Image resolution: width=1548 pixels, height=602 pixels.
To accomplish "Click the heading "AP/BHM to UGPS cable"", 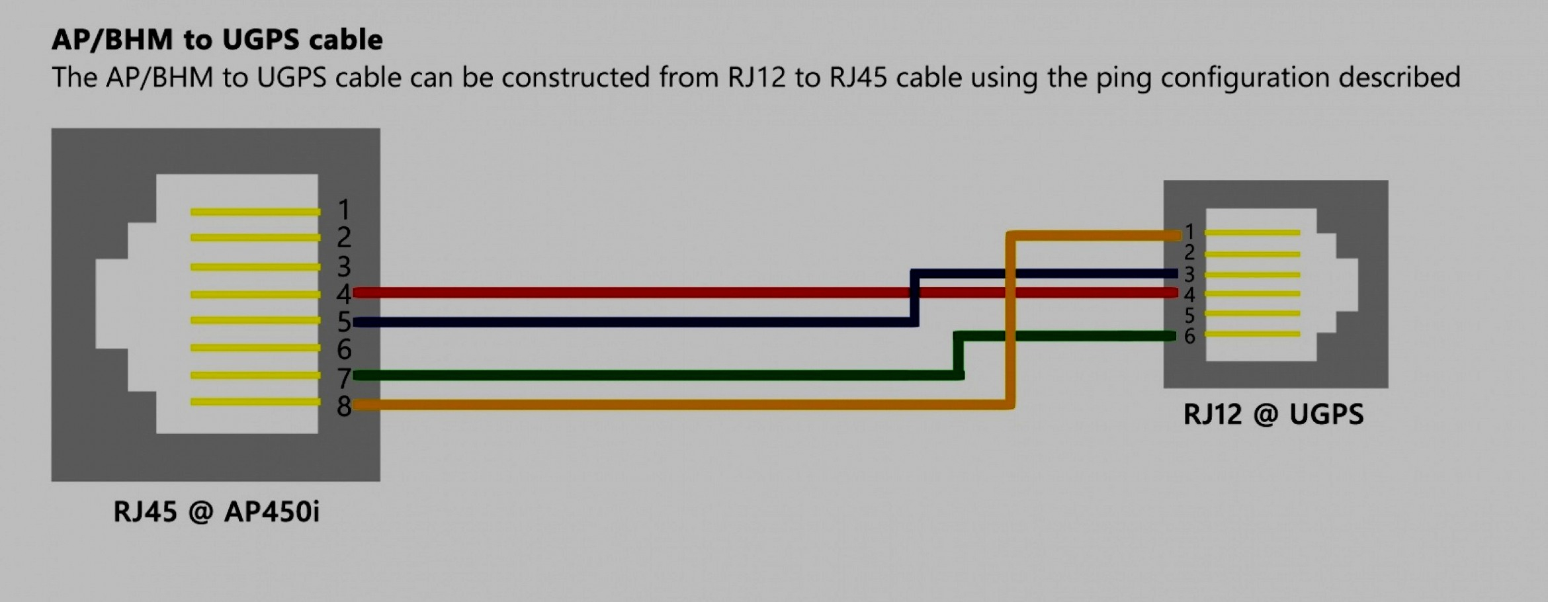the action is coord(217,40).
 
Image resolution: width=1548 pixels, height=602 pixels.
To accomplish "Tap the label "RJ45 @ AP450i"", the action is coord(216,511).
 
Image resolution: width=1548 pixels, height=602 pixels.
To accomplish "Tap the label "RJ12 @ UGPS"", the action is coord(1273,415).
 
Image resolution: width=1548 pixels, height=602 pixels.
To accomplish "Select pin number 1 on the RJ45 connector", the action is coord(344,210).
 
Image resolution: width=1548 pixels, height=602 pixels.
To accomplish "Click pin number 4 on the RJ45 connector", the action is coord(344,294).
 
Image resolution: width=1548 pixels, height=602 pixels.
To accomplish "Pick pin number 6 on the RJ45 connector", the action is coord(344,349).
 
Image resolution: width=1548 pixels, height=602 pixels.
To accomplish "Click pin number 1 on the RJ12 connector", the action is coord(1189,232).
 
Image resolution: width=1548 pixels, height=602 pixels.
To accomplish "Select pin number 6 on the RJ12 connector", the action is coord(1189,336).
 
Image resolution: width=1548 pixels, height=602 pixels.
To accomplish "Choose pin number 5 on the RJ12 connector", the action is coord(1189,315).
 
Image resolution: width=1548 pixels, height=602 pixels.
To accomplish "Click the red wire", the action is coord(765,292).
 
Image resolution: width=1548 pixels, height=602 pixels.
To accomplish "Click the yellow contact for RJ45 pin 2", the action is coord(255,237).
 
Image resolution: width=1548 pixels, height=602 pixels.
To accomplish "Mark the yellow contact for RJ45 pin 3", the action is coord(255,267).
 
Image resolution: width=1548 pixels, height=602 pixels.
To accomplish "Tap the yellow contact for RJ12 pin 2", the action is coord(1252,254).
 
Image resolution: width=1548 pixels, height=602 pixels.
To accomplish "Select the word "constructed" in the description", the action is coord(575,77).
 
